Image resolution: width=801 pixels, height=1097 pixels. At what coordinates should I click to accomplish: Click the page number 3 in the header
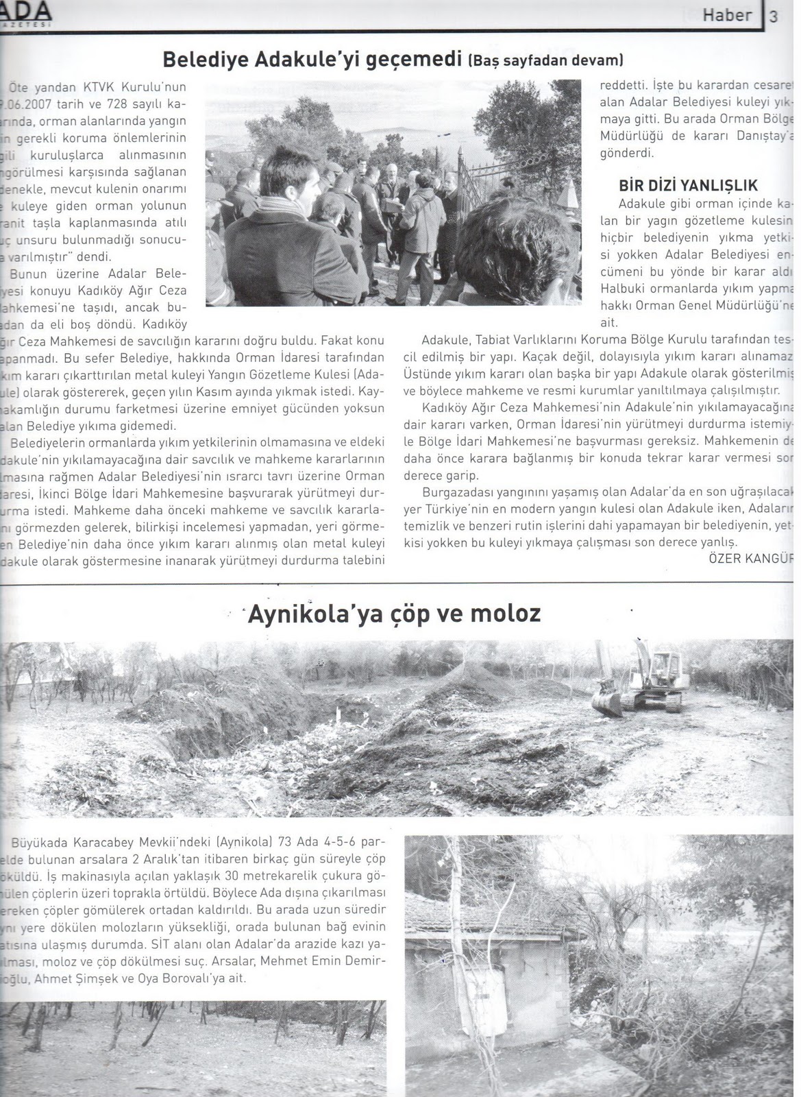click(774, 16)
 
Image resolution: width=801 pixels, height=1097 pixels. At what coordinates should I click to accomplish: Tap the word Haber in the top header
click(727, 15)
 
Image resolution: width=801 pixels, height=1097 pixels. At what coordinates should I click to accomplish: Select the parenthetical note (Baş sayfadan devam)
click(545, 60)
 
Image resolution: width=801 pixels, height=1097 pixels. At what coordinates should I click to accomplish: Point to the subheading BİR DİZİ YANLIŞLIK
click(688, 185)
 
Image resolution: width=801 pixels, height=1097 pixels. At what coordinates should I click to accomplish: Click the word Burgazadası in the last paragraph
click(455, 492)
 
